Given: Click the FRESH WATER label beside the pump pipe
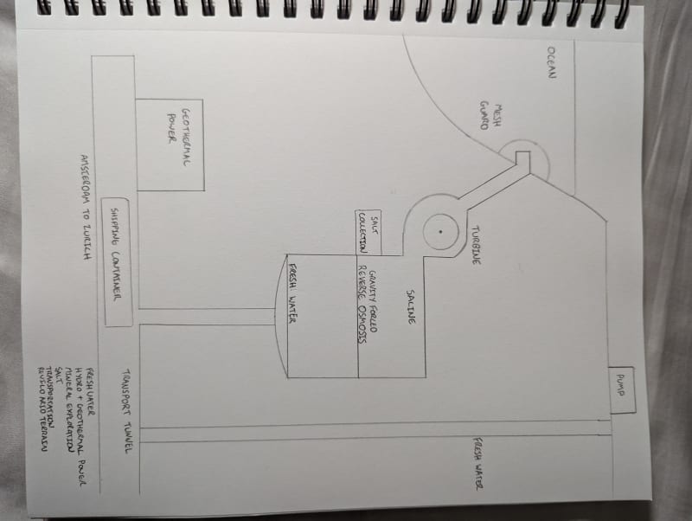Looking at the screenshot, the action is [x=477, y=465].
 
